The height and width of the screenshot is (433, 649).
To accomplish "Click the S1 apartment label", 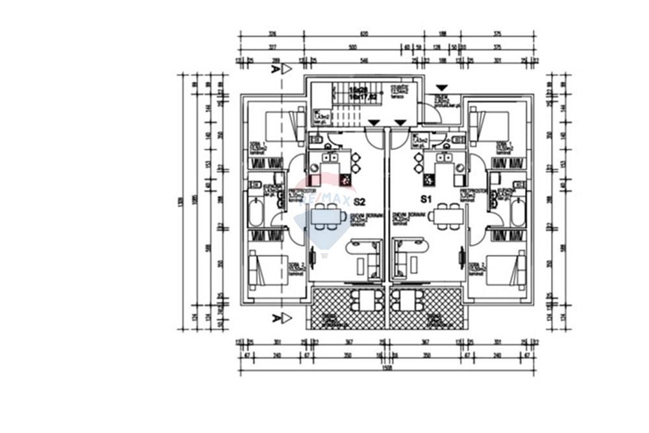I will pyautogui.click(x=426, y=199).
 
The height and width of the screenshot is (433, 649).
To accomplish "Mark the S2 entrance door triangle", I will pyautogui.click(x=374, y=122).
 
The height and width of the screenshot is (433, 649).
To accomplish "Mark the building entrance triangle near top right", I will pyautogui.click(x=441, y=87).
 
